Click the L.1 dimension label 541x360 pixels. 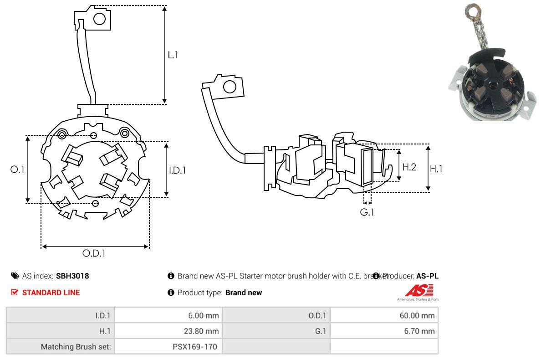click(173, 55)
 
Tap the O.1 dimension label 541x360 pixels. click(17, 169)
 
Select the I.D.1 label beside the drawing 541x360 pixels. click(178, 170)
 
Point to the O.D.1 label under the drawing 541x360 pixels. click(94, 253)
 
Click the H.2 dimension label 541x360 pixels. click(409, 167)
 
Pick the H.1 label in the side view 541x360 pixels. click(436, 169)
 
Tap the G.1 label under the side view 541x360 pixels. click(367, 212)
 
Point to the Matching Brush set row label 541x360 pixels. click(76, 346)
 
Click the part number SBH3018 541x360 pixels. click(72, 276)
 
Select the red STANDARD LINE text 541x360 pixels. click(51, 293)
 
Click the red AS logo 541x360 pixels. click(419, 290)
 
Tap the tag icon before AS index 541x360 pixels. click(15, 276)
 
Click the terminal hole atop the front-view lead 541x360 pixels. click(99, 19)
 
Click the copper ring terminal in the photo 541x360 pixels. click(470, 10)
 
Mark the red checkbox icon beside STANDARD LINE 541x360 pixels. click(15, 293)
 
